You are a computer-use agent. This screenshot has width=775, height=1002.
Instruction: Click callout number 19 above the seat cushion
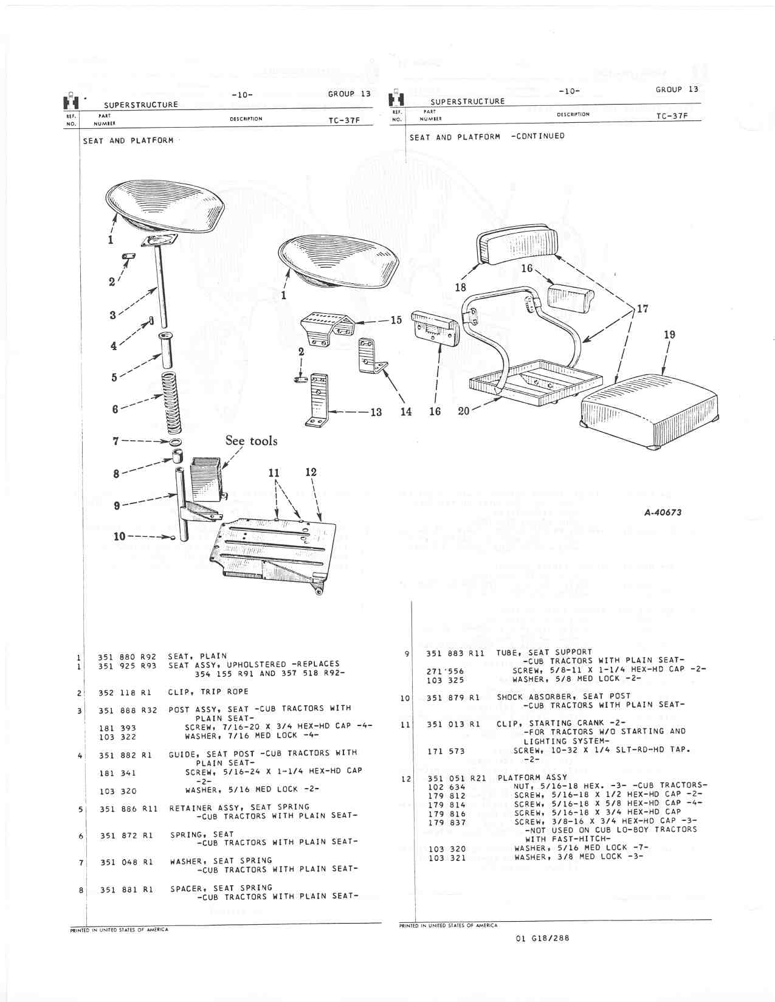click(x=670, y=335)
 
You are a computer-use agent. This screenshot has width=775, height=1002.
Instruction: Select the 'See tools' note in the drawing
click(x=251, y=441)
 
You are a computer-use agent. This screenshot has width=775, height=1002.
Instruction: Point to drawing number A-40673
click(x=663, y=513)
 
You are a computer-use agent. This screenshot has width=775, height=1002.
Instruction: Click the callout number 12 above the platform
click(x=311, y=472)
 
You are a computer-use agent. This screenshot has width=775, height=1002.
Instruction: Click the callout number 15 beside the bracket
click(x=396, y=320)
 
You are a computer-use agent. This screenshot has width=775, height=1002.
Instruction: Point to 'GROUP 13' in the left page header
click(x=349, y=94)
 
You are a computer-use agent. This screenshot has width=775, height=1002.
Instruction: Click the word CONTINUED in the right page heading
click(x=538, y=136)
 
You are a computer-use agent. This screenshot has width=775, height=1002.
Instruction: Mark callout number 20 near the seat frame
click(x=463, y=411)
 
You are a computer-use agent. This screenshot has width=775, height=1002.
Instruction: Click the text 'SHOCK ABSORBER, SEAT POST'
click(x=563, y=697)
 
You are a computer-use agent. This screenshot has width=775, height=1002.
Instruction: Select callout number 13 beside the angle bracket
click(x=376, y=412)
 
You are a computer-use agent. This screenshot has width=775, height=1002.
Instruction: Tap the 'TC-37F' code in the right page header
click(x=672, y=116)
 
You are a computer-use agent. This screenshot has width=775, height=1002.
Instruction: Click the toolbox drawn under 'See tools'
click(x=205, y=478)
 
